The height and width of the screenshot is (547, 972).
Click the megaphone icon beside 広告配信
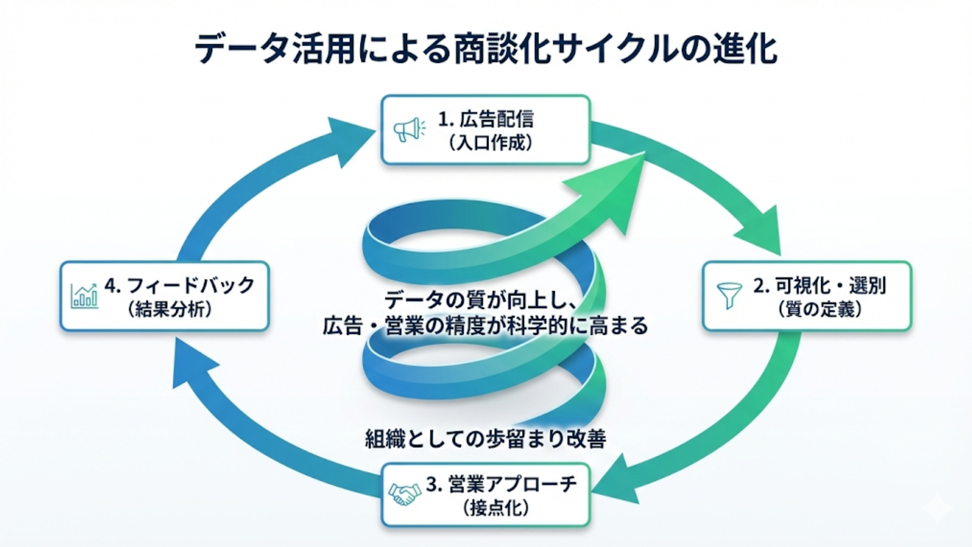coord(409,130)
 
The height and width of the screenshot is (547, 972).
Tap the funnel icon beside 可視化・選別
coord(729,295)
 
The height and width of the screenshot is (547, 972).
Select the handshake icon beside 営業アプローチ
coord(404,493)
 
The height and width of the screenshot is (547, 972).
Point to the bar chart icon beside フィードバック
coord(84,296)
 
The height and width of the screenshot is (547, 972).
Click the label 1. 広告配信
coord(485,120)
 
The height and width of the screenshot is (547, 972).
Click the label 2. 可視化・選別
coord(819,286)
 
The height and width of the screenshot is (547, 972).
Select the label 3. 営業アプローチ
coord(501,484)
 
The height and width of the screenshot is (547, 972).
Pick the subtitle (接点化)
coord(496,508)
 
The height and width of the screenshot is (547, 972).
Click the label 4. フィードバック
coord(179,286)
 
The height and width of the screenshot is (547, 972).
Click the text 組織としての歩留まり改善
coord(485,439)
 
